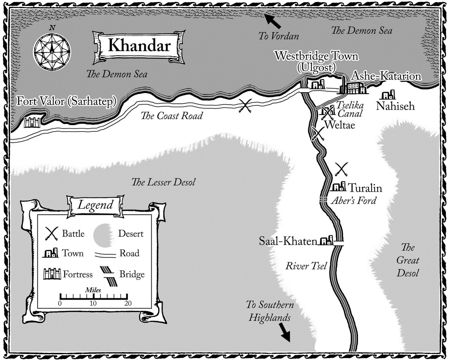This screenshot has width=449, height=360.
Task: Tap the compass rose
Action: pos(52,52)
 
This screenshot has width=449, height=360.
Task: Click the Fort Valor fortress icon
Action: pos(32,123)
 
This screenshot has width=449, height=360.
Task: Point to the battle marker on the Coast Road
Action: pos(245,106)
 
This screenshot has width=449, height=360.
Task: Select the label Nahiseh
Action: pos(395,106)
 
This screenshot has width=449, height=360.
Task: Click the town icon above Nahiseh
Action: pos(388,95)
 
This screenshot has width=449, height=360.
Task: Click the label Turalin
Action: pos(365,188)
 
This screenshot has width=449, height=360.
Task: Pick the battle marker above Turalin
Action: pos(342,169)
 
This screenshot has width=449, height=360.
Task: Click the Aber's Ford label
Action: pos(354,201)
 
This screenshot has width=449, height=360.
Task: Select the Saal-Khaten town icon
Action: pos(326,241)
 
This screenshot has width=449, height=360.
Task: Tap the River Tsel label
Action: pos(306,266)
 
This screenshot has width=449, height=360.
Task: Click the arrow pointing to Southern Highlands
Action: pos(285,333)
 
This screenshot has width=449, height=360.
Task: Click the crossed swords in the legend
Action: pos(51,234)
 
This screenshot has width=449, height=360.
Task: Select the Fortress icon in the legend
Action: pos(52,274)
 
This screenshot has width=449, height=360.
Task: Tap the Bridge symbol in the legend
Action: pos(109,276)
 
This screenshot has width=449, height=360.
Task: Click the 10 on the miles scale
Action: pos(93,303)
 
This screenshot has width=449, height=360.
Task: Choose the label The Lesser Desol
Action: pos(163,182)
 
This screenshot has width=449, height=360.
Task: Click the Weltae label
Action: pos(340,125)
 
